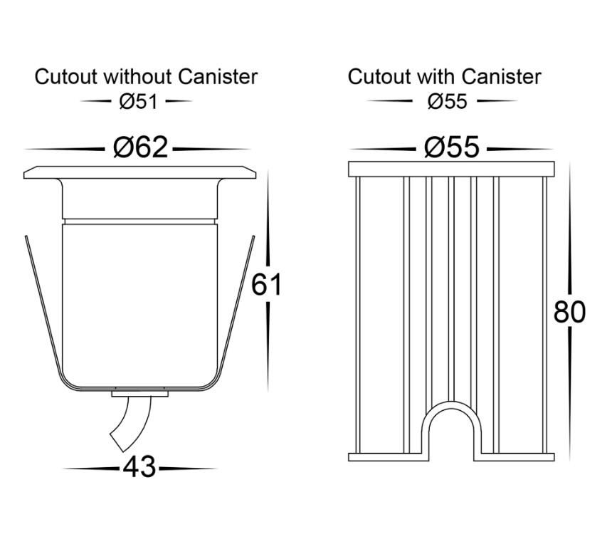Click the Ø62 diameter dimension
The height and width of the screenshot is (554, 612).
[x=140, y=147]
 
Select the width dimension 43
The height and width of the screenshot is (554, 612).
[x=139, y=467]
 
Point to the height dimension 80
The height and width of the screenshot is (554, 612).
[x=569, y=312]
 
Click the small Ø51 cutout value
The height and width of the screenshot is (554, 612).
[x=138, y=102]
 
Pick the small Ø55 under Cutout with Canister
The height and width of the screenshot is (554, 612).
[x=447, y=102]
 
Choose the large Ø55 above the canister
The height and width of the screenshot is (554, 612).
[x=452, y=147]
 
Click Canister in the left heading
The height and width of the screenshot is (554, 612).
[x=218, y=77]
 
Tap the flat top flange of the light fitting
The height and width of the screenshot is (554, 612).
[x=139, y=173]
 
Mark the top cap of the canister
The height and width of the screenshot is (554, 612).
[x=451, y=169]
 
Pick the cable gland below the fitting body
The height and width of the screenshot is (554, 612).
[x=139, y=393]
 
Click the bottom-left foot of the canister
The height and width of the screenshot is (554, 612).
[x=385, y=457]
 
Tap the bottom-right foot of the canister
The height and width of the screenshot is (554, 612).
[x=515, y=457]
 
